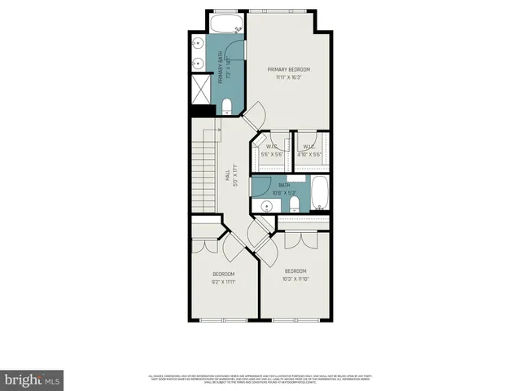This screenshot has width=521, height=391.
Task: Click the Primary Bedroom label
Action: [289, 70]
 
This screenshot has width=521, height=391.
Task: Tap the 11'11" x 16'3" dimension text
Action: [289, 78]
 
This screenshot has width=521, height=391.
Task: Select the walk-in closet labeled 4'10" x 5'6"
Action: [310, 150]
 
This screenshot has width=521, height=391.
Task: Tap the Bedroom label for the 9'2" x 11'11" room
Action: [224, 274]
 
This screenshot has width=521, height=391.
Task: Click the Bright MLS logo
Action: [33, 380]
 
